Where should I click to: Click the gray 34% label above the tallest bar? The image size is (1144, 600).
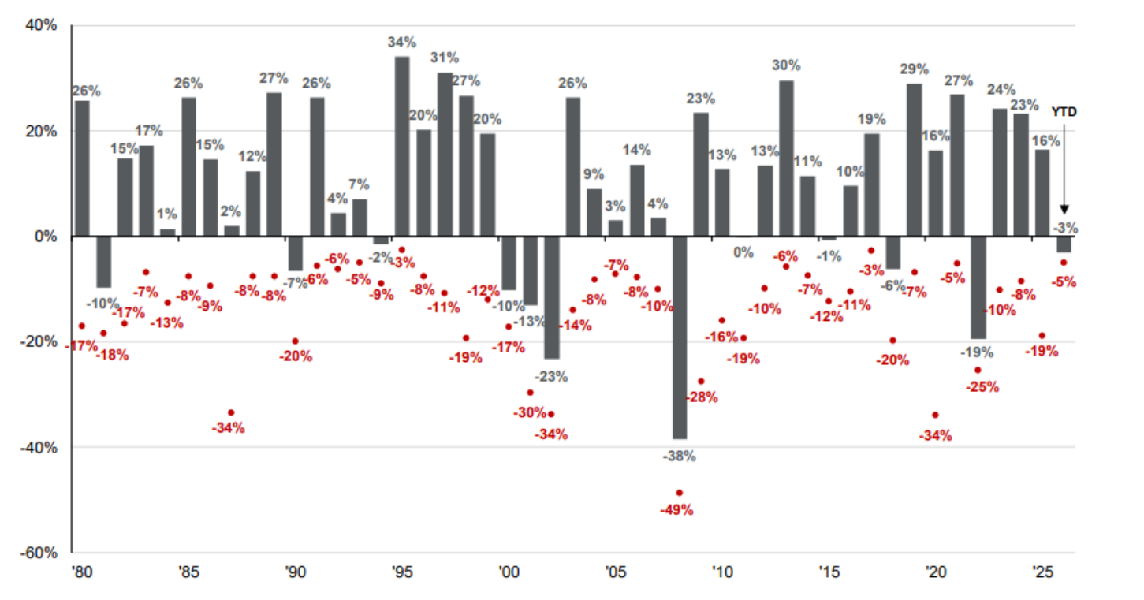pyautogui.click(x=401, y=42)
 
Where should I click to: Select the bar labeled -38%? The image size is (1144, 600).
pyautogui.click(x=679, y=337)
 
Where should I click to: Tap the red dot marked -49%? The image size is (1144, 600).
pyautogui.click(x=679, y=493)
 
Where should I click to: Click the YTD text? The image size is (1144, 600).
pyautogui.click(x=1064, y=112)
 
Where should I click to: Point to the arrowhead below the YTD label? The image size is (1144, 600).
pyautogui.click(x=1064, y=209)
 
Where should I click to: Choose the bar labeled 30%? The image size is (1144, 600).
pyautogui.click(x=786, y=158)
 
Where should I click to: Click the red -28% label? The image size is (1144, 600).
pyautogui.click(x=702, y=397)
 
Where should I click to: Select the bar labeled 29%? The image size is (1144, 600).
pyautogui.click(x=915, y=159)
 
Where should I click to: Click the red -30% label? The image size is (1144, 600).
pyautogui.click(x=529, y=412)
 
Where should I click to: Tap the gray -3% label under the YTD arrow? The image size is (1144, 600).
pyautogui.click(x=1065, y=228)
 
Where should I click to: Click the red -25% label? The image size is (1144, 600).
pyautogui.click(x=982, y=386)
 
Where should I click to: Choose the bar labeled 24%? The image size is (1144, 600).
pyautogui.click(x=1000, y=172)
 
